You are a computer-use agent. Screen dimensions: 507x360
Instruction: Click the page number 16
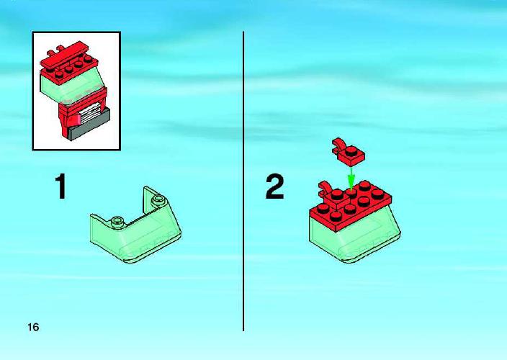(x=33, y=327)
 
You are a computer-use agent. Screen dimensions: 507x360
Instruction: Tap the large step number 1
(x=60, y=186)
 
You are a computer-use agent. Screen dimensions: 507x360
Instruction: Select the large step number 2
(x=274, y=186)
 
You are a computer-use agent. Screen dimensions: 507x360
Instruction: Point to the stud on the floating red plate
(x=351, y=150)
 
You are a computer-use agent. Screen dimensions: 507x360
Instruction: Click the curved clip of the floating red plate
(x=338, y=144)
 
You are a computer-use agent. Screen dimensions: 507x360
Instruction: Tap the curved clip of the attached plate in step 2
(x=325, y=188)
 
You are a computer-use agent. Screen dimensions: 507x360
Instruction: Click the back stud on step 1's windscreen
(x=158, y=199)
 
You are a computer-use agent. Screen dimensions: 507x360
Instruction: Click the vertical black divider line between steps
(x=243, y=181)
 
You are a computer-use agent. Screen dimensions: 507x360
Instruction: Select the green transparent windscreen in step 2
(x=355, y=237)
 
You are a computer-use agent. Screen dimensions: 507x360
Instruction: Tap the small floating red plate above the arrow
(x=349, y=153)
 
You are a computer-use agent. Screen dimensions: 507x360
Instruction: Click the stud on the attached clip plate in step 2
(x=336, y=194)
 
